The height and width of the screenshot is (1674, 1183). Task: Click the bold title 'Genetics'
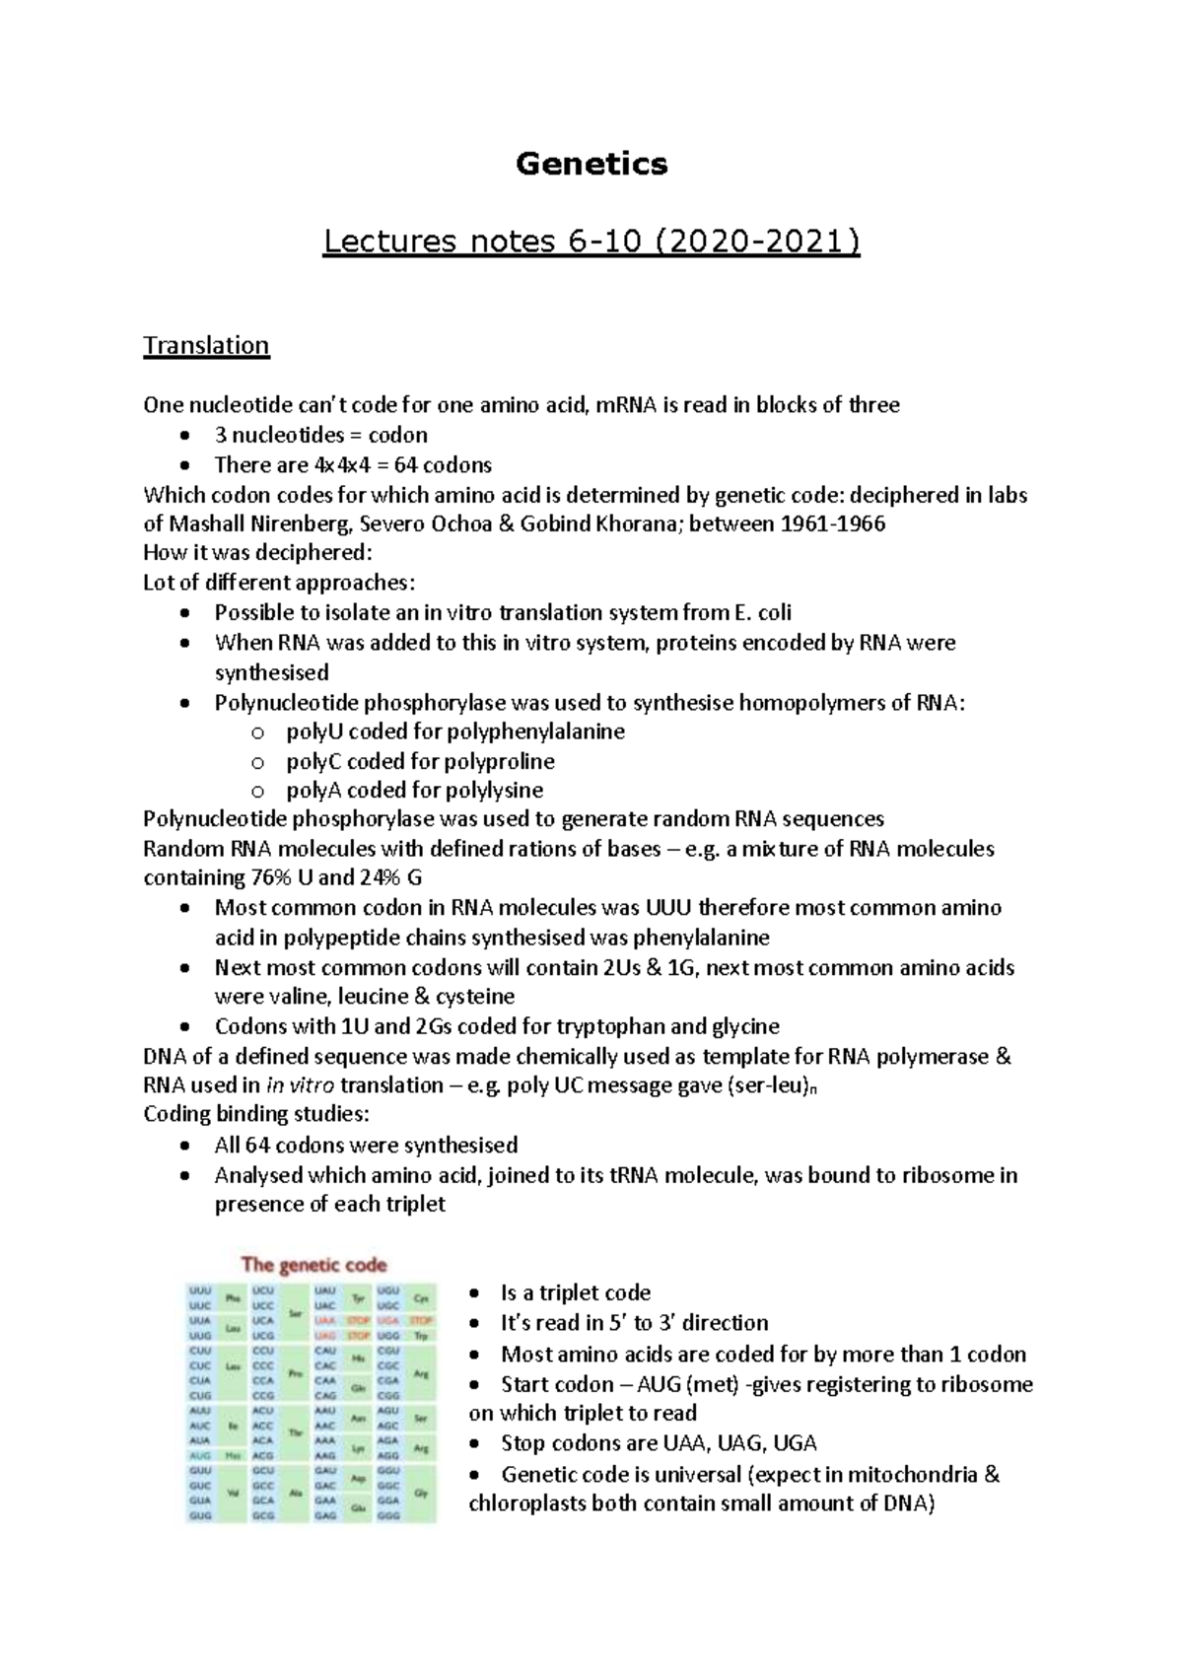point(591,164)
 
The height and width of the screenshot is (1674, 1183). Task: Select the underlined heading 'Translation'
point(206,346)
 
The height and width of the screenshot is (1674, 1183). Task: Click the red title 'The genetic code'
point(314,1265)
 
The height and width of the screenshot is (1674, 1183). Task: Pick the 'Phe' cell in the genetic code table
point(234,1298)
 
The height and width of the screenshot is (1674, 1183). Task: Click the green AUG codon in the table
point(200,1455)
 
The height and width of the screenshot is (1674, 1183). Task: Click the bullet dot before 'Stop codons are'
point(477,1444)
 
